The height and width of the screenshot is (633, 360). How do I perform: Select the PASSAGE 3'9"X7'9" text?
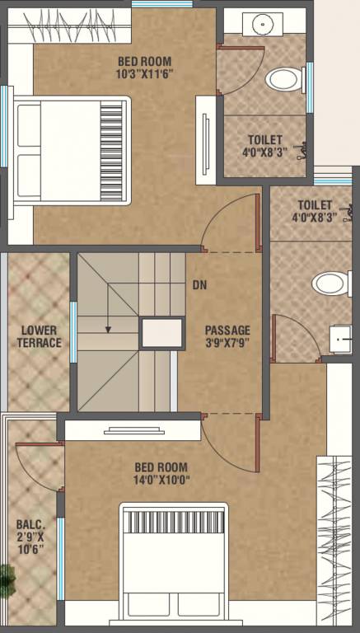point(227,336)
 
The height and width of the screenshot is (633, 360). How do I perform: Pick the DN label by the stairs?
point(199,286)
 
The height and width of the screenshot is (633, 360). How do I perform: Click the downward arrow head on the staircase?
point(107,329)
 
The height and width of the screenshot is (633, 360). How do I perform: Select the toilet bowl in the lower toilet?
point(331,284)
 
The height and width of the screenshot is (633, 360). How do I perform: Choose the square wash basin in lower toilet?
point(340,340)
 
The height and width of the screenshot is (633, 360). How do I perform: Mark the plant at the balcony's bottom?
point(6,581)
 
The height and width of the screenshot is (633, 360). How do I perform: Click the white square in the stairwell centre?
point(161,334)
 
